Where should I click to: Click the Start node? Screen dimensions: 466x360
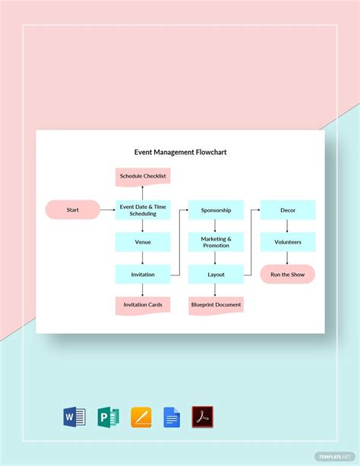[73, 209]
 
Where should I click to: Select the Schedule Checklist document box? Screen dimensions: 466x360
[143, 176]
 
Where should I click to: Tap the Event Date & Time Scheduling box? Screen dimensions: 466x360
[143, 209]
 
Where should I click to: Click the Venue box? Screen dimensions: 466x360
[143, 242]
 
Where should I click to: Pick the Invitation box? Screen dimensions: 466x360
[143, 274]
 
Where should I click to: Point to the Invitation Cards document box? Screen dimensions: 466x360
[143, 305]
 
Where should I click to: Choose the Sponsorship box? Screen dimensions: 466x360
[216, 209]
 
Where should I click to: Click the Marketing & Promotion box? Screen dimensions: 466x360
[216, 242]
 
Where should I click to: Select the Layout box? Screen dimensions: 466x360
[216, 274]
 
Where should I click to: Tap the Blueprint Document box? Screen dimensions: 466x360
[216, 305]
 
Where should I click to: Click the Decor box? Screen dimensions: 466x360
[288, 209]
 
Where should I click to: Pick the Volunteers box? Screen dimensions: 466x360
[288, 242]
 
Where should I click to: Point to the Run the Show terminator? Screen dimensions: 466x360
[288, 274]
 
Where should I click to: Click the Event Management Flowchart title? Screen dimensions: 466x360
[180, 152]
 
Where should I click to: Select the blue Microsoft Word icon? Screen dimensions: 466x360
[74, 417]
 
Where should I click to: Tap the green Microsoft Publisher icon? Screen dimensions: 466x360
[108, 417]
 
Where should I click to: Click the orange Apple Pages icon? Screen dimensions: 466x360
[141, 417]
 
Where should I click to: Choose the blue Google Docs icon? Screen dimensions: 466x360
[172, 417]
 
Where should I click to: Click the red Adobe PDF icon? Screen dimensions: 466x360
[202, 417]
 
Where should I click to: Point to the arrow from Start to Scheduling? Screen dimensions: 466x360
[107, 209]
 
